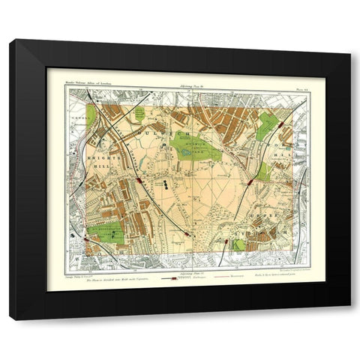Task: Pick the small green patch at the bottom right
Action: [238, 244]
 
